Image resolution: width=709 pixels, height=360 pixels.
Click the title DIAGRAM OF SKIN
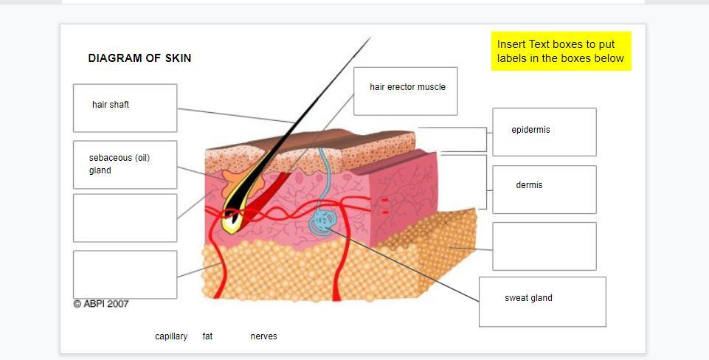click(x=139, y=58)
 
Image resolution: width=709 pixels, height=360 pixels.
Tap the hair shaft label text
click(x=111, y=105)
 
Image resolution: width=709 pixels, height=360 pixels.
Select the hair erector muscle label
click(x=407, y=87)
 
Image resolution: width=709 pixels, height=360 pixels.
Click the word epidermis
click(x=531, y=130)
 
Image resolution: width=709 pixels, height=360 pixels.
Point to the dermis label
click(x=529, y=185)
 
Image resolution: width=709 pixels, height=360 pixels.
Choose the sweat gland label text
click(x=528, y=298)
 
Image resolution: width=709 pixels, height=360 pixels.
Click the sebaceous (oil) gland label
click(x=120, y=164)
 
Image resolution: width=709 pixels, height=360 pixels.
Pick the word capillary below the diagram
click(x=171, y=336)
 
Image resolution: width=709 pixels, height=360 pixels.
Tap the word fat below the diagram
click(x=207, y=336)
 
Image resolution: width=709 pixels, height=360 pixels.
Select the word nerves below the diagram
click(x=263, y=336)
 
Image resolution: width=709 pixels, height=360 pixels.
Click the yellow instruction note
click(x=561, y=51)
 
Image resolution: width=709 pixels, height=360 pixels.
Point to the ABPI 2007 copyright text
click(x=101, y=304)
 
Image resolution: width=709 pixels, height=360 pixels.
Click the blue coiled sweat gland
click(x=322, y=221)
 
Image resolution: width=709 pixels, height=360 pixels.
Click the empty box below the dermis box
click(x=544, y=246)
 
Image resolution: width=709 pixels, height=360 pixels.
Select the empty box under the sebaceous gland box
click(x=125, y=218)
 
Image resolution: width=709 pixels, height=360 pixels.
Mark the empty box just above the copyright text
click(x=125, y=274)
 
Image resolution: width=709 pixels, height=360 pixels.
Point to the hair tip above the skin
click(x=370, y=38)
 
